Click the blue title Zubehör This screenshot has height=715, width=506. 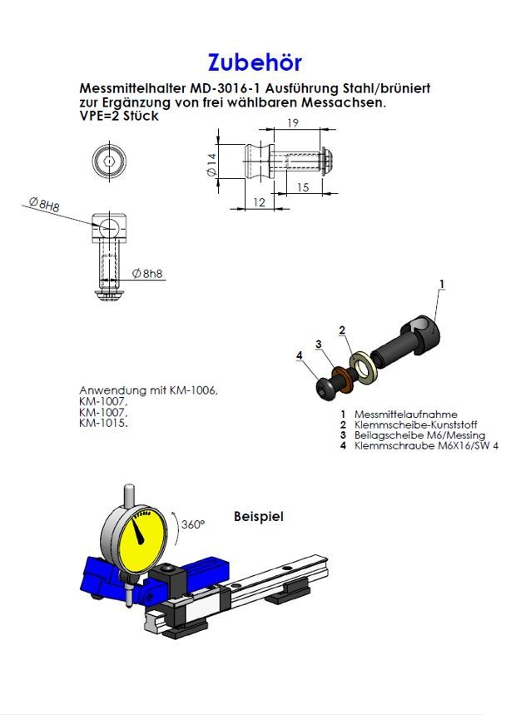point(254,62)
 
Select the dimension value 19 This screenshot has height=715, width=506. point(293,124)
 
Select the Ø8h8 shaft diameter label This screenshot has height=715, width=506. point(147,273)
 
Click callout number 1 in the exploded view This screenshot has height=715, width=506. point(441,284)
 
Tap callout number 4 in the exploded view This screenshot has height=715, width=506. point(299,355)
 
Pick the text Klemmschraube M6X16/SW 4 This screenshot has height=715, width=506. point(414,446)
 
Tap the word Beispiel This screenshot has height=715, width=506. point(259,516)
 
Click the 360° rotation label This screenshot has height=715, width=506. point(192,524)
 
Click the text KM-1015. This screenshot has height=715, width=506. point(103,423)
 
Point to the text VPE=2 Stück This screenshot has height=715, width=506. point(118,116)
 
